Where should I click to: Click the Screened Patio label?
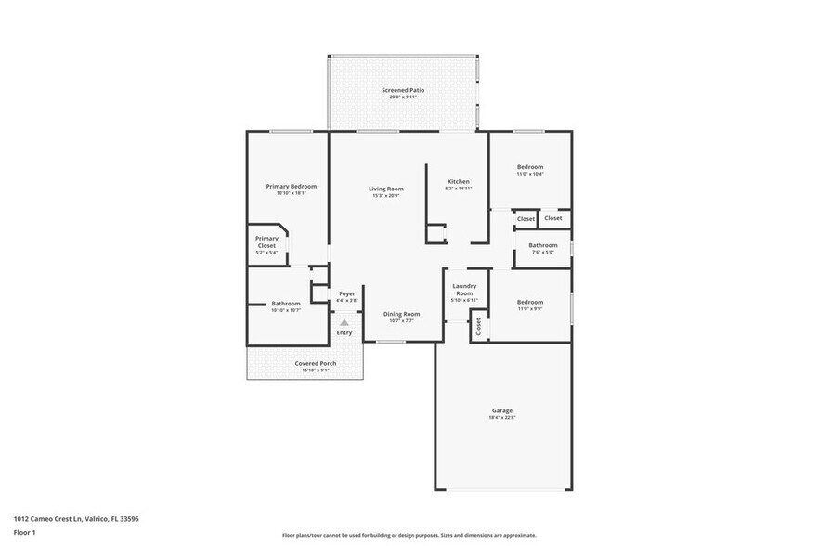(403, 90)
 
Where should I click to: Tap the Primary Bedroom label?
(285, 186)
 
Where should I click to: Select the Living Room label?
(386, 188)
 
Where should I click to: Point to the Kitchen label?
(459, 181)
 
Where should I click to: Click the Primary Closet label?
(266, 241)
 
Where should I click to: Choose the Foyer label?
(346, 293)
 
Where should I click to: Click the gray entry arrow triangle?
(344, 322)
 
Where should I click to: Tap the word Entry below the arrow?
(344, 332)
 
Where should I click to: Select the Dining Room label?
(401, 314)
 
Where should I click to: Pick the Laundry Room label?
(464, 290)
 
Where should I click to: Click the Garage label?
(502, 410)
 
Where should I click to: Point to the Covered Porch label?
(316, 363)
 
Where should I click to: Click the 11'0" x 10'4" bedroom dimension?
(530, 174)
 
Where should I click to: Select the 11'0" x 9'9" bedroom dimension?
(530, 308)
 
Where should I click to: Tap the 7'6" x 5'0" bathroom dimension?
(542, 252)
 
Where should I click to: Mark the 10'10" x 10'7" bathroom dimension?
(285, 310)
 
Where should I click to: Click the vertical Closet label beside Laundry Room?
(479, 327)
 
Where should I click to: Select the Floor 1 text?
(25, 533)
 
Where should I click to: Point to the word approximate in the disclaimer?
(519, 536)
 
